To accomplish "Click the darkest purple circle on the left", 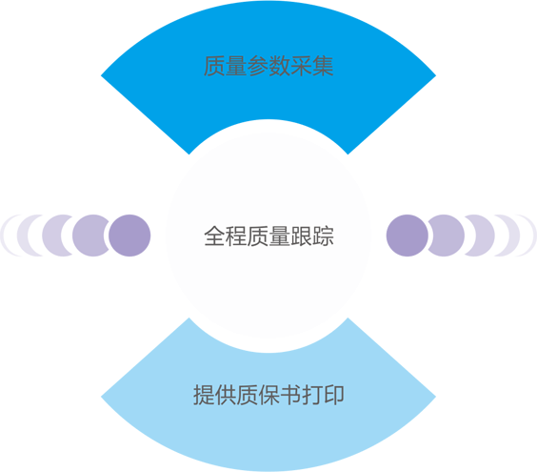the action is (x=129, y=236).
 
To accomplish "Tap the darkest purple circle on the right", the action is (x=408, y=236).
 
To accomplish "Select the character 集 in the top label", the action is (x=323, y=66).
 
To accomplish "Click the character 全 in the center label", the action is (x=214, y=236).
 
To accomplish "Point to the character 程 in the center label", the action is (x=236, y=236).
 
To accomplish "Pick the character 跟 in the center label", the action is (x=302, y=236).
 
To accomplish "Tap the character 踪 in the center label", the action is (x=323, y=236).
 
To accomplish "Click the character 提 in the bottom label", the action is (x=204, y=395).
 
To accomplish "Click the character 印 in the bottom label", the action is (x=333, y=395).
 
